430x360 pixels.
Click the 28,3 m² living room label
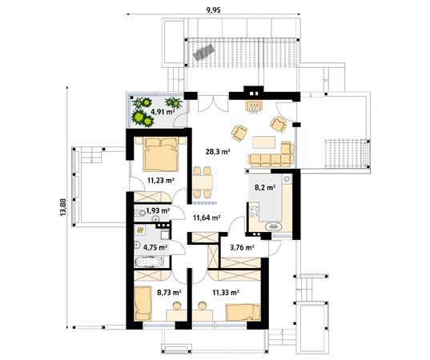tap(218, 150)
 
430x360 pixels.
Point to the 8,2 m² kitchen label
tap(265, 188)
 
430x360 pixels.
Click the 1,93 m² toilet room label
tap(158, 210)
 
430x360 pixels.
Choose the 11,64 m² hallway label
tap(207, 216)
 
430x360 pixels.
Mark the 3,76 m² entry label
tap(242, 248)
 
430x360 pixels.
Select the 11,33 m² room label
tap(227, 293)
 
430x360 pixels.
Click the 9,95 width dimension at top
tap(214, 10)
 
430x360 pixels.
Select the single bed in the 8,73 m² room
tap(144, 301)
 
